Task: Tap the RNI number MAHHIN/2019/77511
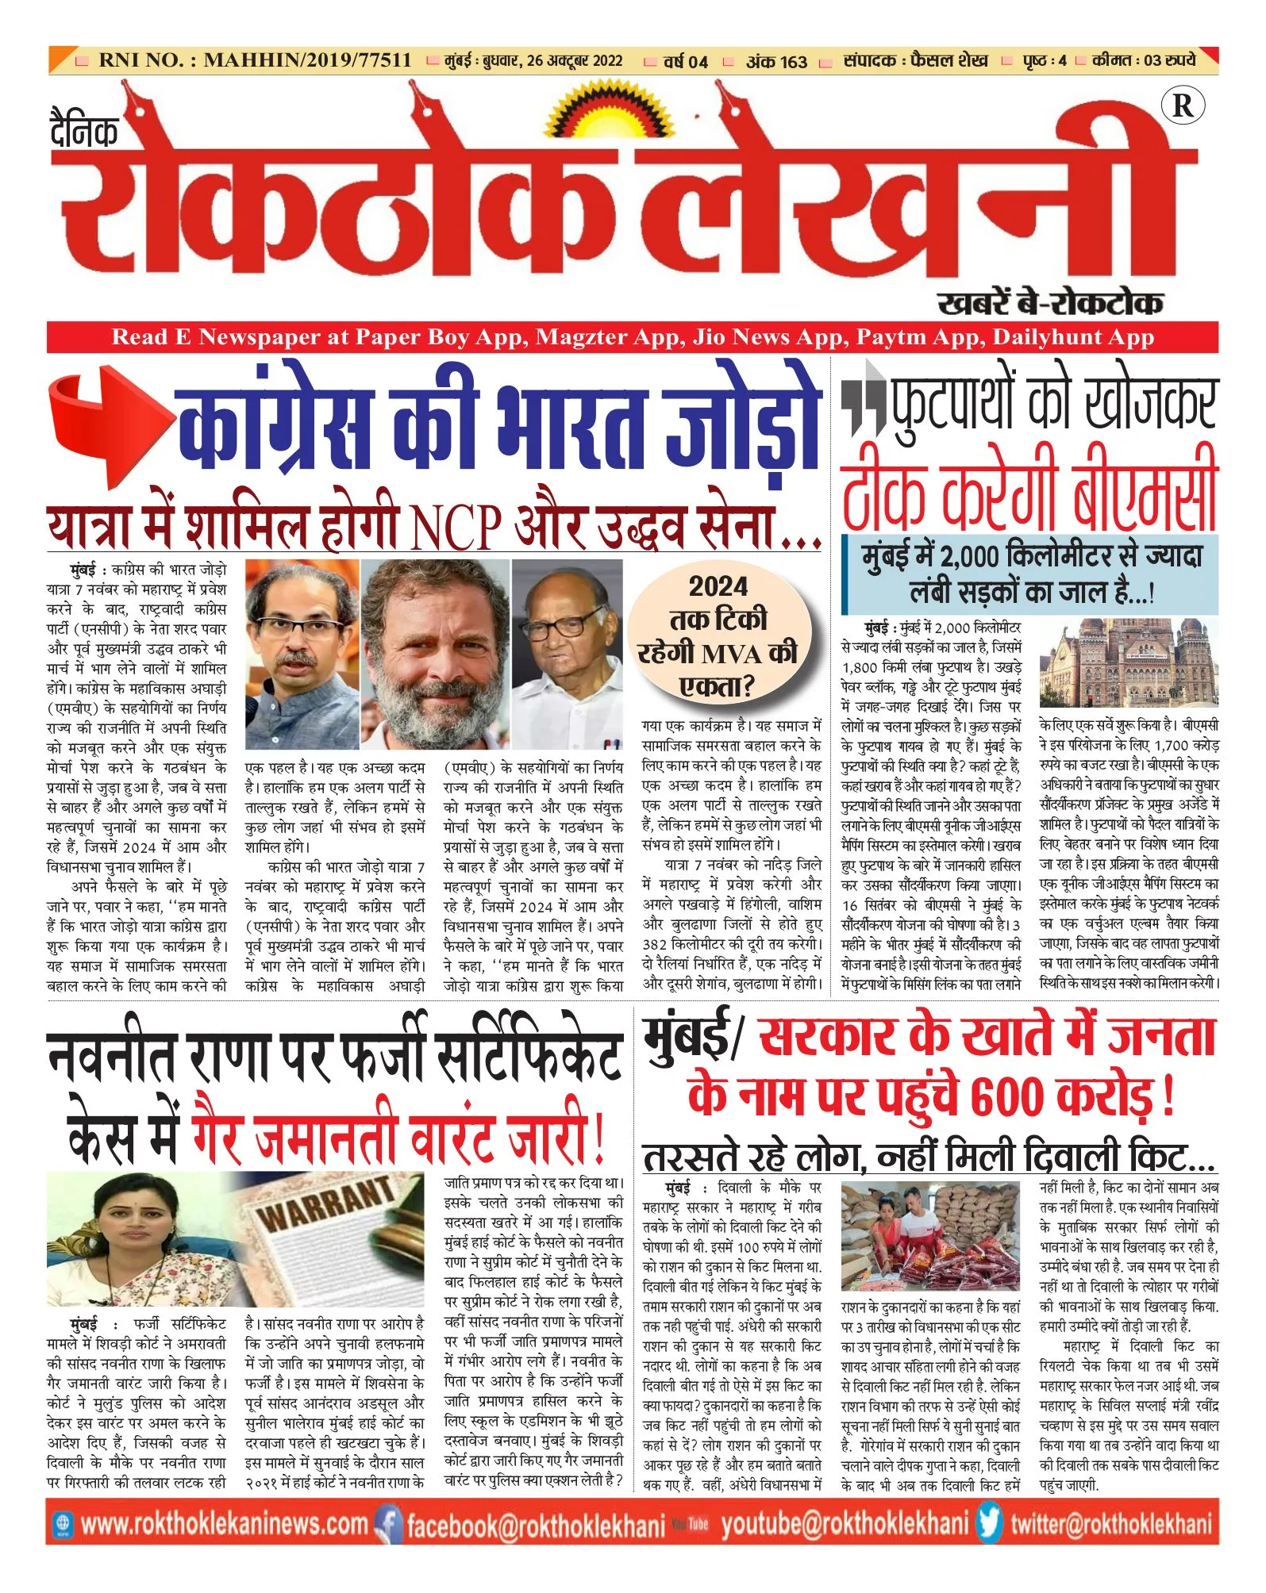(307, 60)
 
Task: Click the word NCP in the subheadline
(456, 527)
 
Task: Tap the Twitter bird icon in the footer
(990, 1523)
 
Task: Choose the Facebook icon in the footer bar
(388, 1524)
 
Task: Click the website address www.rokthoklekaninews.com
(225, 1524)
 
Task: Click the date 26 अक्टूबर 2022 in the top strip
(573, 61)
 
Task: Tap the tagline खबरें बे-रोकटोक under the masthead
(1049, 303)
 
